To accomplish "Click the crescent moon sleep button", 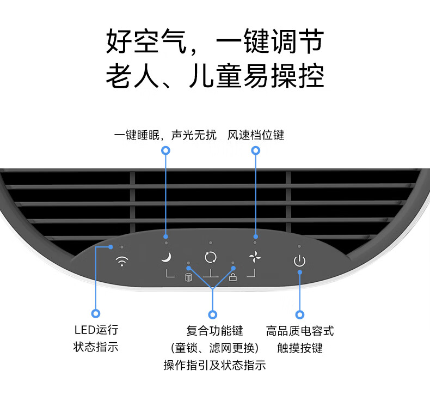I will pyautogui.click(x=167, y=257).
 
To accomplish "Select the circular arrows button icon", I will pyautogui.click(x=210, y=257).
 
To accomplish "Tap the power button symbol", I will pyautogui.click(x=299, y=260).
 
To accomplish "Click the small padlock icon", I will pyautogui.click(x=233, y=278).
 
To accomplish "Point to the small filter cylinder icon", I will pyautogui.click(x=188, y=278).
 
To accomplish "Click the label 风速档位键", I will pyautogui.click(x=256, y=135).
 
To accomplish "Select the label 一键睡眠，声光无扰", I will pyautogui.click(x=165, y=135).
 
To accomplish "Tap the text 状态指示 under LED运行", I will pyautogui.click(x=96, y=347).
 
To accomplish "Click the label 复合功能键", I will pyautogui.click(x=214, y=330).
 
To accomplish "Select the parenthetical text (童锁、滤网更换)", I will pyautogui.click(x=214, y=348).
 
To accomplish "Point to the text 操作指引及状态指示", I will pyautogui.click(x=214, y=365).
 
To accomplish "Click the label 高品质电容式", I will pyautogui.click(x=299, y=330).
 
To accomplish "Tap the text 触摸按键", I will pyautogui.click(x=299, y=348).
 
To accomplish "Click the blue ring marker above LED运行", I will pyautogui.click(x=96, y=313).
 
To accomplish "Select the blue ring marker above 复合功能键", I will pyautogui.click(x=213, y=314).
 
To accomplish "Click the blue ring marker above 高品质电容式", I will pyautogui.click(x=299, y=314).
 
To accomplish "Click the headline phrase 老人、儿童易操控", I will pyautogui.click(x=214, y=75).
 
